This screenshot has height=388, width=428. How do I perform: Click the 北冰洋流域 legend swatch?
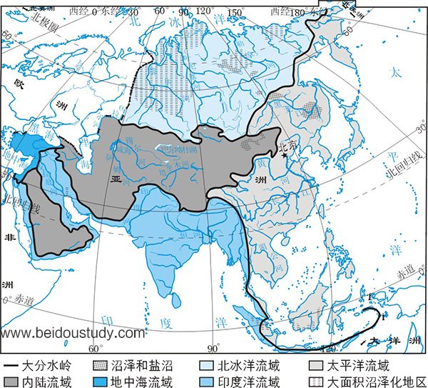(x=204, y=364)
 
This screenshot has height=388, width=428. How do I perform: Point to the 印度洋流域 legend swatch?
(x=204, y=381)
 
